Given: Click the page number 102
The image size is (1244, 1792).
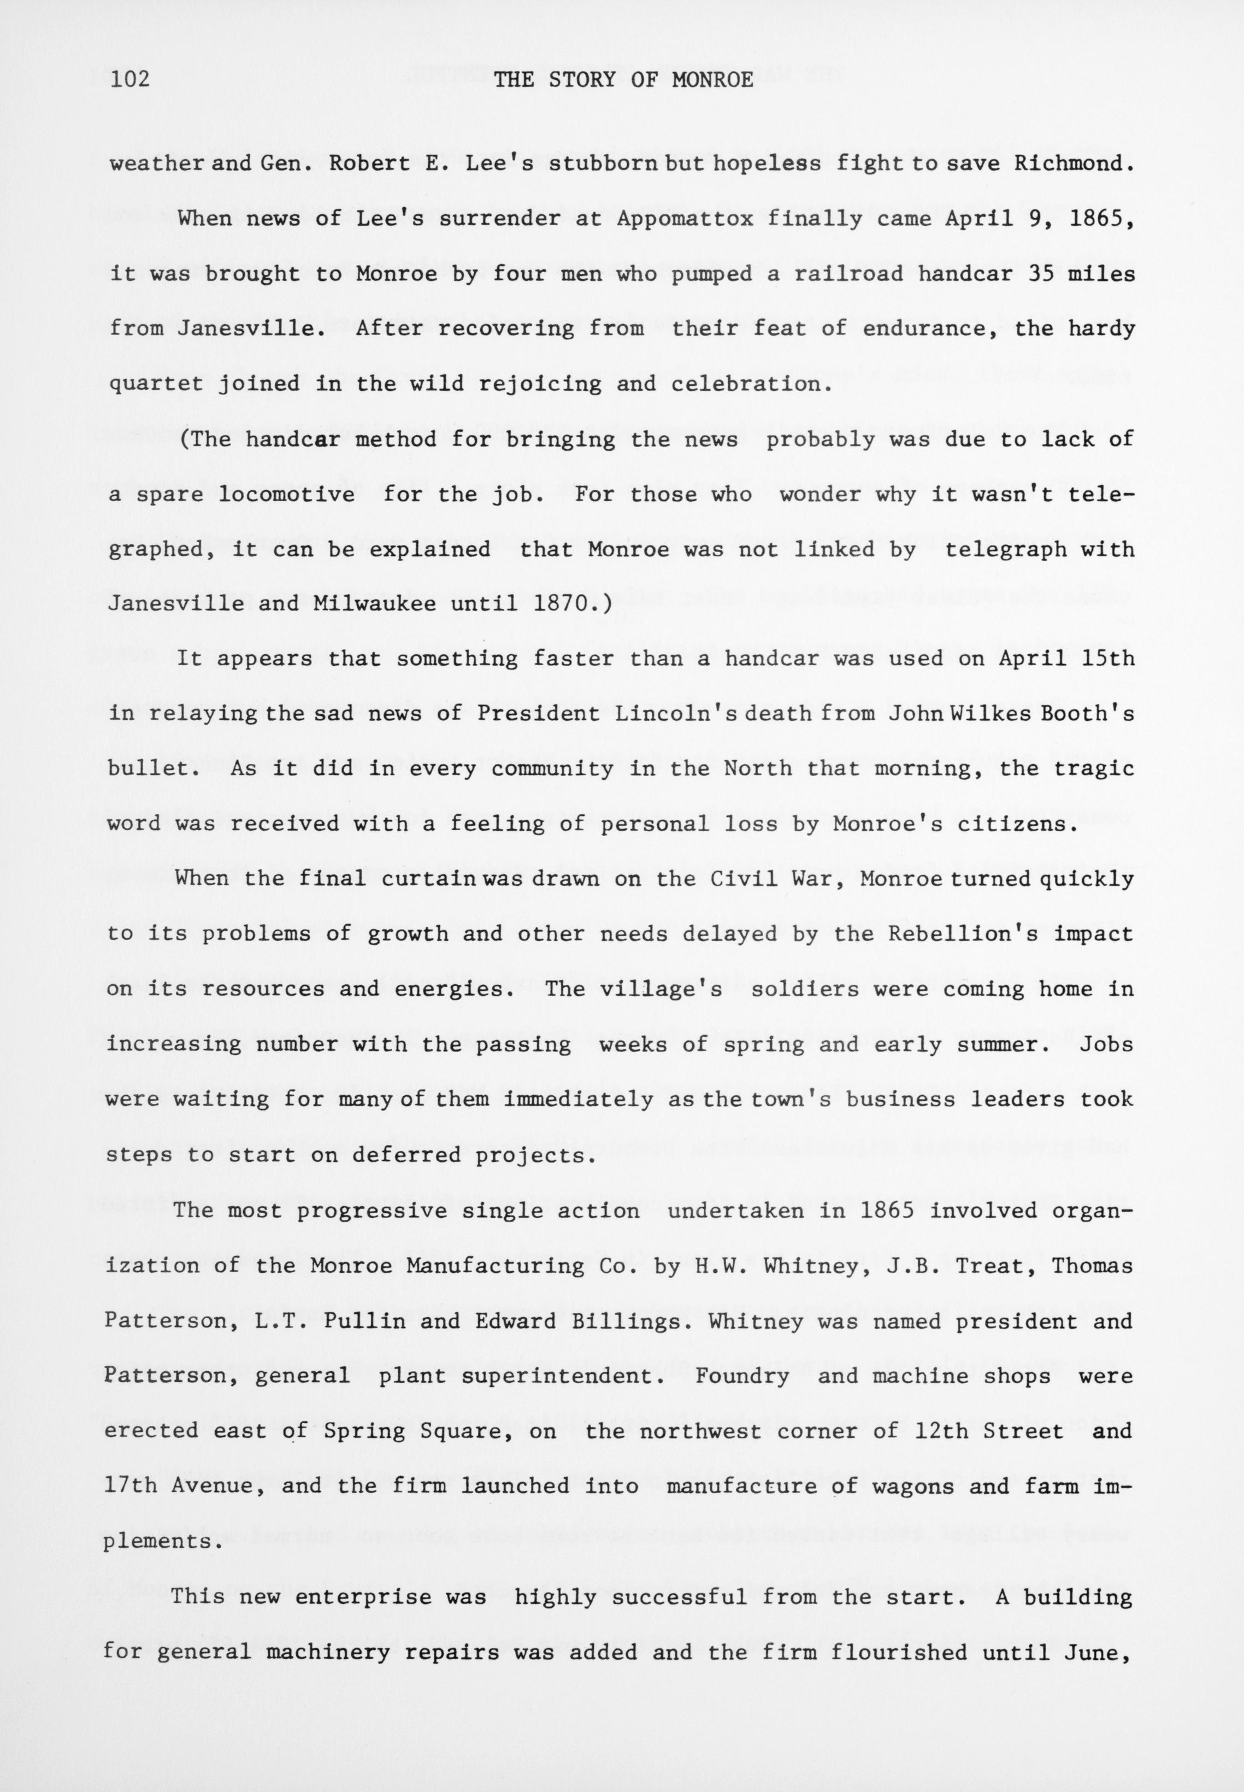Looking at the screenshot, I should [129, 79].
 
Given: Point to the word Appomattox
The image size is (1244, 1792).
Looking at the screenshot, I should [685, 219].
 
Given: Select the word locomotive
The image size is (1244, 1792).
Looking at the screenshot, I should [286, 494].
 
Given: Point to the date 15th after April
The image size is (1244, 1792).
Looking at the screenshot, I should [1107, 659].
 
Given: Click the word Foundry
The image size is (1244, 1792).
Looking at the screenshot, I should [741, 1376].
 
